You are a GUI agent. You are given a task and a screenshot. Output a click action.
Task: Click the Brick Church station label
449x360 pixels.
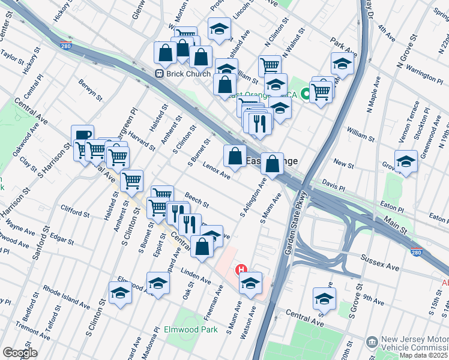coord(188,74)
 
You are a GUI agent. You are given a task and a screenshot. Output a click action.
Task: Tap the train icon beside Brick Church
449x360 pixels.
coord(160,74)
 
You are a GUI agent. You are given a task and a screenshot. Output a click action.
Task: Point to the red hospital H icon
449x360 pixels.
coord(242,269)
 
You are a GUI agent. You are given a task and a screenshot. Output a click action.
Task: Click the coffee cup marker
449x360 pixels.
coord(82,136)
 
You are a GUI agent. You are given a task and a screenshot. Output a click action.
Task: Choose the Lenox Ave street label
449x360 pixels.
coord(217,171)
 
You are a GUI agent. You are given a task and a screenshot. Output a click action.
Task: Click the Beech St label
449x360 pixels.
coord(196,197)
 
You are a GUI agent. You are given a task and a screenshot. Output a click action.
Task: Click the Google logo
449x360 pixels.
coord(19,352)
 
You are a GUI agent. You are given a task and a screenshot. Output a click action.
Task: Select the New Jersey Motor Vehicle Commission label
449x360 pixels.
coord(414,342)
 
